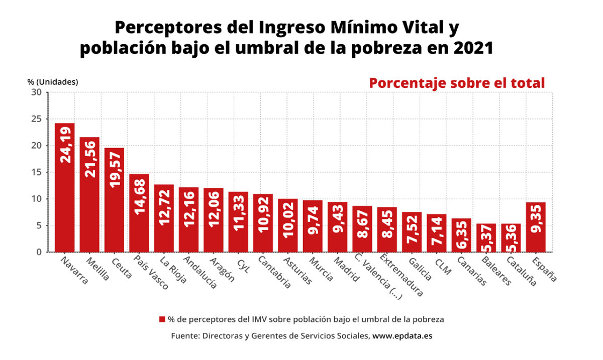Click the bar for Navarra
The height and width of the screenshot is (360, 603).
[65, 187]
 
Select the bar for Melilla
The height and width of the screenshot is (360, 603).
[89, 194]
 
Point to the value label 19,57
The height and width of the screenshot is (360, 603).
[115, 170]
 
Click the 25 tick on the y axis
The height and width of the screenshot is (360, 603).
[37, 119]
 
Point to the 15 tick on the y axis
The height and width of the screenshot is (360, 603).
[37, 172]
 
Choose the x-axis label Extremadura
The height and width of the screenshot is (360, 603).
[401, 276]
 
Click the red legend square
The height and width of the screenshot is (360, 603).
[162, 319]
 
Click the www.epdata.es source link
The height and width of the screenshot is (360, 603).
[402, 335]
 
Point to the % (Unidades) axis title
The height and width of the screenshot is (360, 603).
[53, 82]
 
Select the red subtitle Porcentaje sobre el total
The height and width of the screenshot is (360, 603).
[457, 83]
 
